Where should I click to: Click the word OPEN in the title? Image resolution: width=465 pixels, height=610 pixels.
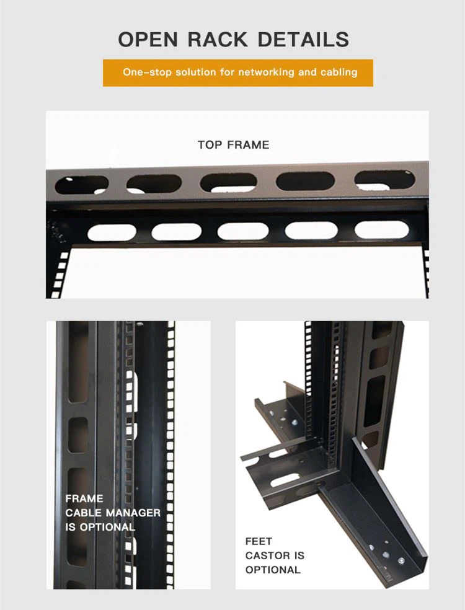click(x=148, y=39)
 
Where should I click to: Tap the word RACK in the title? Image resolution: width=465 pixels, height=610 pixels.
click(x=218, y=39)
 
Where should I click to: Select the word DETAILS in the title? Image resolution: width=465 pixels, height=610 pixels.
click(x=303, y=39)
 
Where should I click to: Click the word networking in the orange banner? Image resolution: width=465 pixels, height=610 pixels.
click(x=266, y=72)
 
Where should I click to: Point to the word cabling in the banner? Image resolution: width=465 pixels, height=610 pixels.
click(x=339, y=73)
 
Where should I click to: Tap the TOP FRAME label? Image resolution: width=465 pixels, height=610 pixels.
click(x=234, y=144)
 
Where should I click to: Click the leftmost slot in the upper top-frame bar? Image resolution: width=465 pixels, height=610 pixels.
click(x=82, y=185)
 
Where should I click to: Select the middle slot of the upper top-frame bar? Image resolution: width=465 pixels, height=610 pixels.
click(x=228, y=182)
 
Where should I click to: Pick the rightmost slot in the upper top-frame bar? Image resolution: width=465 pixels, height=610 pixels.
click(x=384, y=180)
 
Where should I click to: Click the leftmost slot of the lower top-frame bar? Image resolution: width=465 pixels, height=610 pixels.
click(x=112, y=232)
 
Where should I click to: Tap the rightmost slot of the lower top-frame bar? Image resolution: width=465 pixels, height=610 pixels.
click(x=382, y=229)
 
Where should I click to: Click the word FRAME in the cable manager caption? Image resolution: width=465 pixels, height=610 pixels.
click(x=84, y=498)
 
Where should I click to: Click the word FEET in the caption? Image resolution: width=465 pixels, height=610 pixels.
click(x=259, y=541)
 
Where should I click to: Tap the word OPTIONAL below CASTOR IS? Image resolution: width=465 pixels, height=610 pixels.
click(x=273, y=570)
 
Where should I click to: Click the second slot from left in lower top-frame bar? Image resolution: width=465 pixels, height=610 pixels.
click(x=177, y=232)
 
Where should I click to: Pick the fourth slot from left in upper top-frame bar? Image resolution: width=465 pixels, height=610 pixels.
click(x=305, y=181)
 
